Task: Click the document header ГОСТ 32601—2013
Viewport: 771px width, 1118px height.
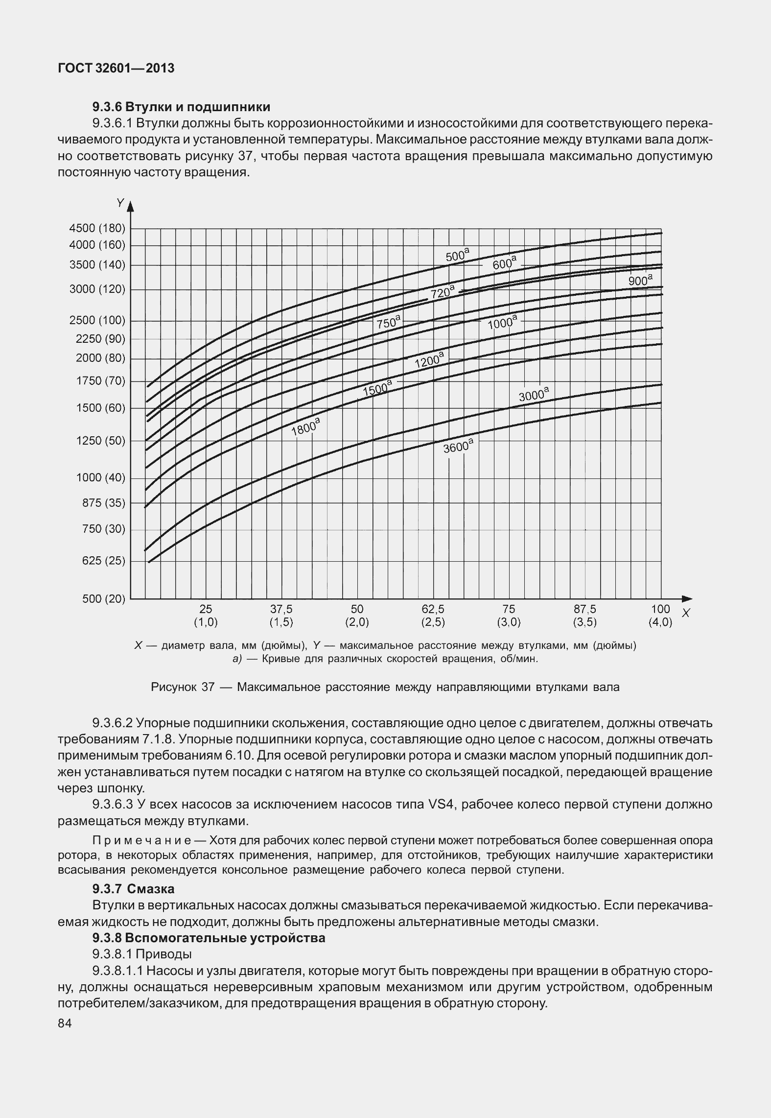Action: point(116,69)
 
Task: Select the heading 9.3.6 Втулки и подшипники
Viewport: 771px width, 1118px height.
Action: point(181,106)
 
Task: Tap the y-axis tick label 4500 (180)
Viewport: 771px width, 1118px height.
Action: point(97,228)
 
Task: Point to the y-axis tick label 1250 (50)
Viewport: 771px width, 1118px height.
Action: point(100,441)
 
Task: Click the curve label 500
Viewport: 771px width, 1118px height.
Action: point(457,256)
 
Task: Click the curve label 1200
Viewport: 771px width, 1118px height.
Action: point(429,360)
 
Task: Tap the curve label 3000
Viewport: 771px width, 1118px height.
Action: point(534,395)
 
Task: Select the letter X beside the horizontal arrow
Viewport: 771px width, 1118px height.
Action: point(686,613)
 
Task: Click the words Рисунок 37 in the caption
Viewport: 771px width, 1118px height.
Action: point(183,687)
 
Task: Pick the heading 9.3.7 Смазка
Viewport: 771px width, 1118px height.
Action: point(133,888)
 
